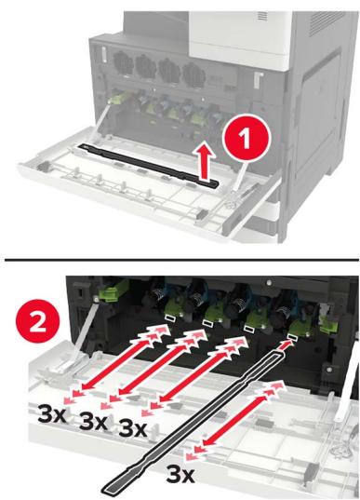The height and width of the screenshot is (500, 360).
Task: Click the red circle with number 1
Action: [246, 140]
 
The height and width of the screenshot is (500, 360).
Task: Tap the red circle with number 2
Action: [38, 322]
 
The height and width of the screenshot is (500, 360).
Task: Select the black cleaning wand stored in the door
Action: [149, 166]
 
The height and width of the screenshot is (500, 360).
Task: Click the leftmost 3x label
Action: [51, 415]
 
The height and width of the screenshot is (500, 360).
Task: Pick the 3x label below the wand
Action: [180, 476]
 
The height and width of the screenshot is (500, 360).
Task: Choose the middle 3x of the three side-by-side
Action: [93, 421]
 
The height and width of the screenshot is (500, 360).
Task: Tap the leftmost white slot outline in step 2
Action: [170, 318]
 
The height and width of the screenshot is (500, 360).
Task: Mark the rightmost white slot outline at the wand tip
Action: [292, 337]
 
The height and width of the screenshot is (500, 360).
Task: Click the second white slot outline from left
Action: [208, 324]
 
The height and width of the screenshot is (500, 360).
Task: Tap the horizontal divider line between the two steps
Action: [182, 260]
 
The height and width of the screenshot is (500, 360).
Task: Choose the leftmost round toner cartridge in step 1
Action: [124, 62]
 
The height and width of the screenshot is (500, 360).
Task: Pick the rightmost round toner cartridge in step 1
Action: [193, 74]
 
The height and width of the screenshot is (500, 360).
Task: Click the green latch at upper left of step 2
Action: [110, 292]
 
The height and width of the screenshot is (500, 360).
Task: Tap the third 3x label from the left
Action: [133, 428]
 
